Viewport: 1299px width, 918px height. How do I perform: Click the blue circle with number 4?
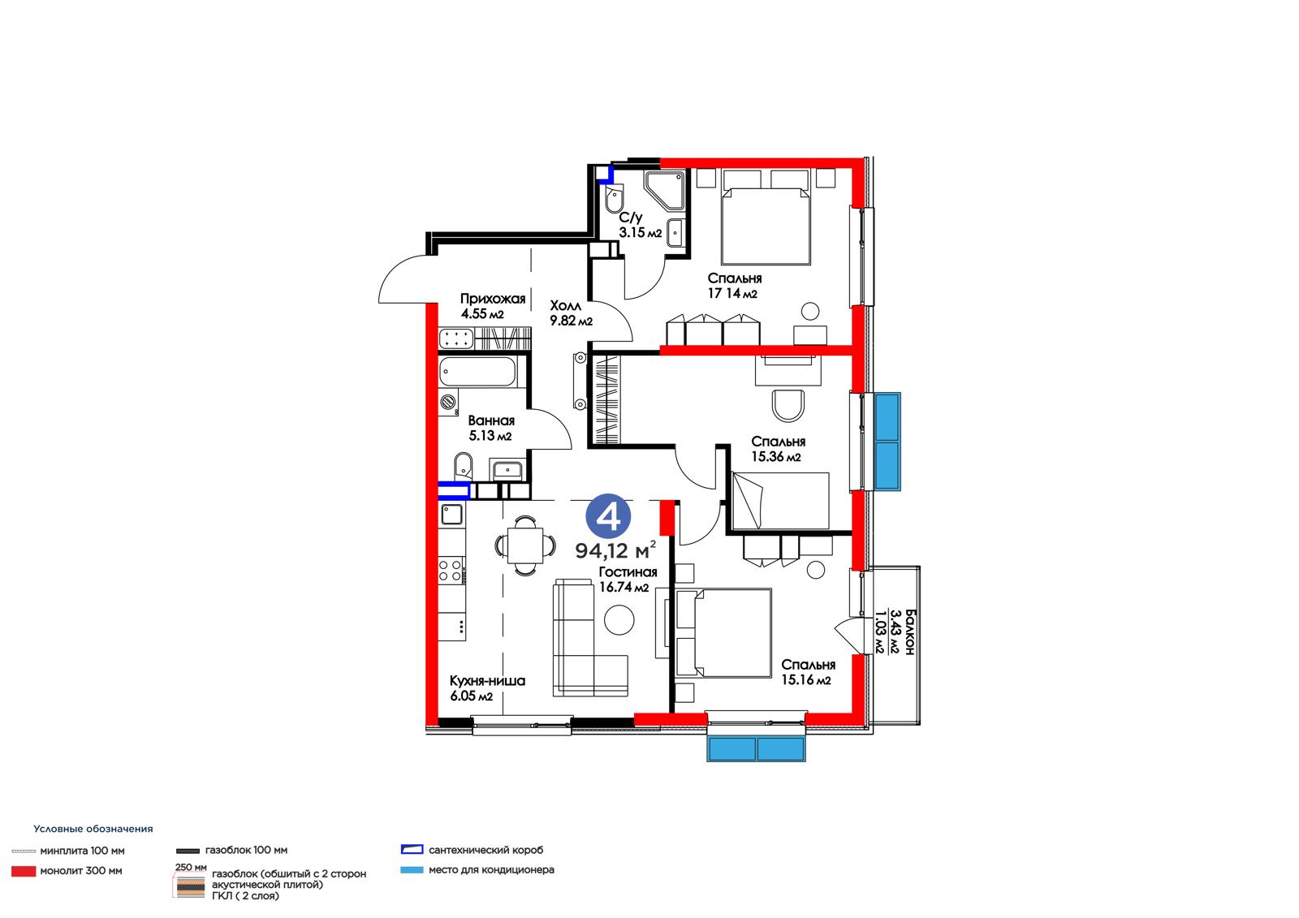pos(608,516)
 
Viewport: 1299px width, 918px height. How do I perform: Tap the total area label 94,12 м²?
pos(615,550)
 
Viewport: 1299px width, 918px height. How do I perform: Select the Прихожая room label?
pos(492,299)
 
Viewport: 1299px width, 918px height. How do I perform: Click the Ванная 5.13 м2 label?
pos(490,428)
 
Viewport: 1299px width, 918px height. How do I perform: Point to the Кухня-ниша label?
pos(487,680)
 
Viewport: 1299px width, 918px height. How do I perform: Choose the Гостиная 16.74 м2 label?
pos(628,580)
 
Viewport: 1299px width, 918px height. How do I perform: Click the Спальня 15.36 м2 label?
pos(778,449)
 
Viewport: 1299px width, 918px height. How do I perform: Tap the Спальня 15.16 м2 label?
pos(808,672)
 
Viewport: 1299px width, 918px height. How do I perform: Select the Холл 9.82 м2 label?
pos(571,313)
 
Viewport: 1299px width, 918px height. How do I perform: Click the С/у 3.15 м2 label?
pos(640,225)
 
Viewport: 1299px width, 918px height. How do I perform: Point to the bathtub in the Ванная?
pos(477,372)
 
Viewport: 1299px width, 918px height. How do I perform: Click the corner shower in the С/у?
pos(665,190)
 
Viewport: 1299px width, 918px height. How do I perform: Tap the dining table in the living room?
pos(524,545)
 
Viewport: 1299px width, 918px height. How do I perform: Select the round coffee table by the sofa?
pos(619,620)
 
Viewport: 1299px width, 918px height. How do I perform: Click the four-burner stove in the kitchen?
pos(451,570)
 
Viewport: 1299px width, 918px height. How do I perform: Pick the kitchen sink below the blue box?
pos(451,514)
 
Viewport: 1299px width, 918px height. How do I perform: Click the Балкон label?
pos(909,631)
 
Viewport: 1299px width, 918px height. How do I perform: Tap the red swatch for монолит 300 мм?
pos(24,871)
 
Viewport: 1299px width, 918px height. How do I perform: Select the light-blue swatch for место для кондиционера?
pos(412,870)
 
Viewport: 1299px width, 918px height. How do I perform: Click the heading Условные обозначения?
pos(93,829)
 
